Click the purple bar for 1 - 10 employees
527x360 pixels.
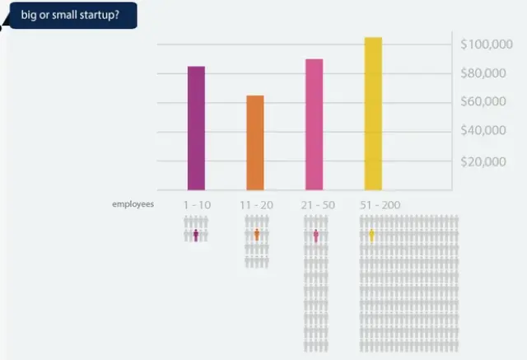[196, 128]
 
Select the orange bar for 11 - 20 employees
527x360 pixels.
[255, 143]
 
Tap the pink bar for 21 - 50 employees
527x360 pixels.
[314, 124]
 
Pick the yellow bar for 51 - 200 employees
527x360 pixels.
[373, 114]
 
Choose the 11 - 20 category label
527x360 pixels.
[256, 203]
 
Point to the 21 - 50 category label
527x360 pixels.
[316, 203]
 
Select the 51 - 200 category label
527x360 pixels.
[380, 203]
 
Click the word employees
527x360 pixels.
[133, 203]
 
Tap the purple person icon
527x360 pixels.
[196, 235]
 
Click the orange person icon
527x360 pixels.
[257, 235]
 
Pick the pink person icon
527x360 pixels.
[316, 236]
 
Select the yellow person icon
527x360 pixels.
[371, 235]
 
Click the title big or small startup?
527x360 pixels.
[70, 14]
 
